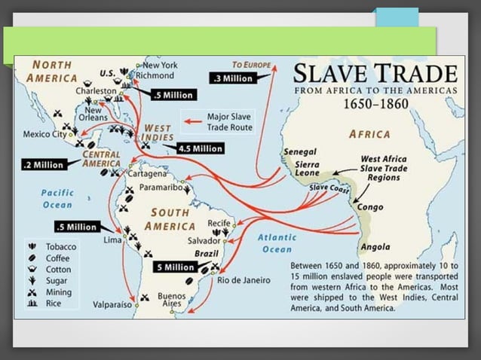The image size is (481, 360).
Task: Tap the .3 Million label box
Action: (234, 78)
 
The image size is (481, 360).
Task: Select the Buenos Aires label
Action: (171, 301)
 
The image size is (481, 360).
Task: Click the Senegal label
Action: (299, 151)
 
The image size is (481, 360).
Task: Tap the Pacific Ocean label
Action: (56, 198)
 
